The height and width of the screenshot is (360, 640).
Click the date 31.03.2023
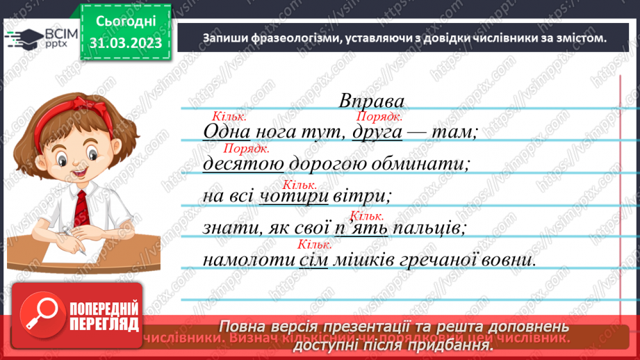pyautogui.click(x=125, y=43)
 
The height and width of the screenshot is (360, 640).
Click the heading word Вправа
pyautogui.click(x=372, y=101)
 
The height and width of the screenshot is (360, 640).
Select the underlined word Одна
pyautogui.click(x=224, y=132)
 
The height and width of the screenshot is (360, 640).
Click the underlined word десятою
pyautogui.click(x=243, y=164)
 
